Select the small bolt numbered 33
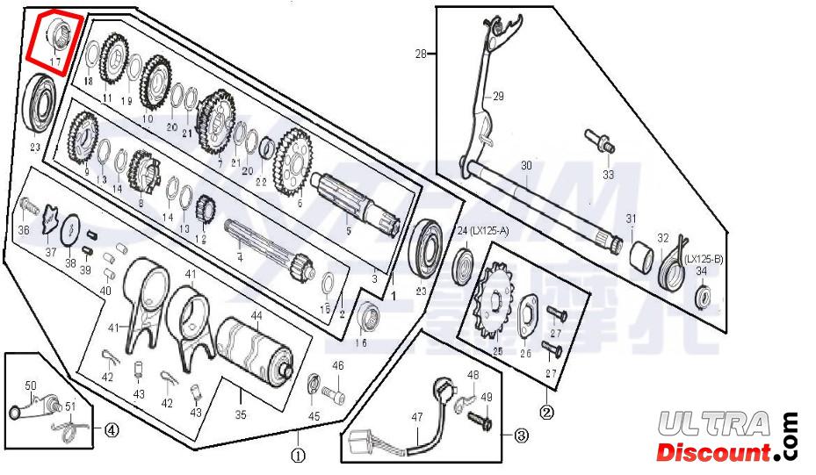pos(597,139)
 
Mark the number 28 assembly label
pos(421,54)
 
